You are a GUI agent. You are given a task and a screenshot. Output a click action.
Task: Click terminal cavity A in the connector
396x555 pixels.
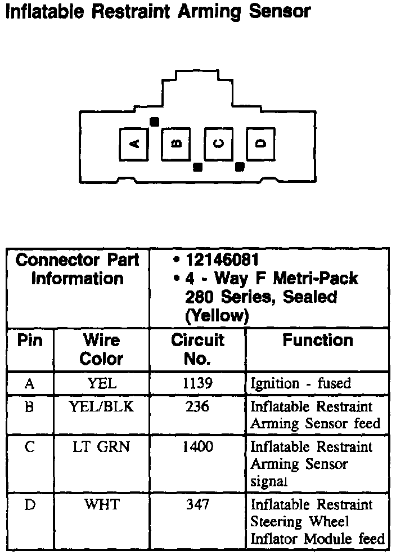click(x=134, y=144)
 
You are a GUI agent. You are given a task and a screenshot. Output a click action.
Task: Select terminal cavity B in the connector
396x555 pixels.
click(x=176, y=144)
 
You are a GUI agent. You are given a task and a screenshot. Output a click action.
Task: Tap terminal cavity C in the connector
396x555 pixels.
click(x=218, y=144)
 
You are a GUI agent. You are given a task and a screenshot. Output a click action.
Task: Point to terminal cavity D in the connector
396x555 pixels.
click(x=260, y=144)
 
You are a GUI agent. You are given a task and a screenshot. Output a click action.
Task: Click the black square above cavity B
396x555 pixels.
click(x=154, y=121)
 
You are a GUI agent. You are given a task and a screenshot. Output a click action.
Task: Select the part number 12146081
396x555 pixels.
click(x=222, y=260)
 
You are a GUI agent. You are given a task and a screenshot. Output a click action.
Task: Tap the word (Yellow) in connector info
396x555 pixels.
click(x=217, y=316)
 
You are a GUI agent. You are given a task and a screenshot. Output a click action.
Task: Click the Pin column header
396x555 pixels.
click(x=30, y=341)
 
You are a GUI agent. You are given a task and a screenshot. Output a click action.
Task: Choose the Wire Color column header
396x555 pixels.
click(x=101, y=349)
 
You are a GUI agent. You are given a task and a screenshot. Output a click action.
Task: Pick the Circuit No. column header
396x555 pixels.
click(x=197, y=349)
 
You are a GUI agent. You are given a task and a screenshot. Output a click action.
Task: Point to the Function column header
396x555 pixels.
click(x=317, y=341)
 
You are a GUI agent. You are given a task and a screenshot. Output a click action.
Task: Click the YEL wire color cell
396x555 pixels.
click(x=102, y=384)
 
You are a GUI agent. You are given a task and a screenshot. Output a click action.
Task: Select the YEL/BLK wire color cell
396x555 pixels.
click(x=102, y=406)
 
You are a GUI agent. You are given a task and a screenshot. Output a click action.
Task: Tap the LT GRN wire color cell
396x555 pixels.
click(x=102, y=447)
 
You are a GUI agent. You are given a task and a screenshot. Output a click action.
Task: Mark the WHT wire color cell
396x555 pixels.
click(x=102, y=504)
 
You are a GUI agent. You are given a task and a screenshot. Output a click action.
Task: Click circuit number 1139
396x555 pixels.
click(x=197, y=384)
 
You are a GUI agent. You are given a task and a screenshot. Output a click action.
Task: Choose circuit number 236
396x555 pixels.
click(x=197, y=406)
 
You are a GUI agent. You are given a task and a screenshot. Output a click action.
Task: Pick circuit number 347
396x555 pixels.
click(x=197, y=504)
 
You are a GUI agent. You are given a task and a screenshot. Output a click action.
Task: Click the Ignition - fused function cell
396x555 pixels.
click(x=300, y=384)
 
